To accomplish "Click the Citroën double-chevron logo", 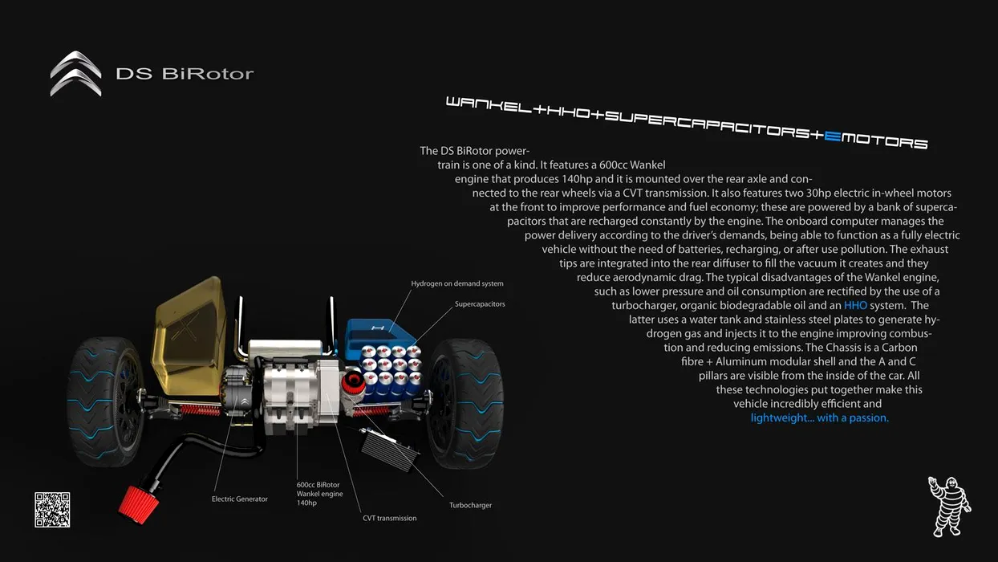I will tap(76, 73).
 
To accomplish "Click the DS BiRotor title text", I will tap(185, 74).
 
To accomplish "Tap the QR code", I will tap(52, 510).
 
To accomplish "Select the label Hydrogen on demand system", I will tap(457, 283).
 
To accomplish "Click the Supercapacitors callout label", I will tap(480, 304).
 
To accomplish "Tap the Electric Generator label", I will tap(240, 499).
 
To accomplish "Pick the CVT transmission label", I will tap(390, 518).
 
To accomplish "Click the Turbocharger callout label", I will tap(470, 505).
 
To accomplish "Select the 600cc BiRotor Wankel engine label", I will tap(319, 493).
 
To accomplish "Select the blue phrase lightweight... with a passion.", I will tap(819, 417).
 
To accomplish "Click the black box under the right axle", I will tap(390, 445).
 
